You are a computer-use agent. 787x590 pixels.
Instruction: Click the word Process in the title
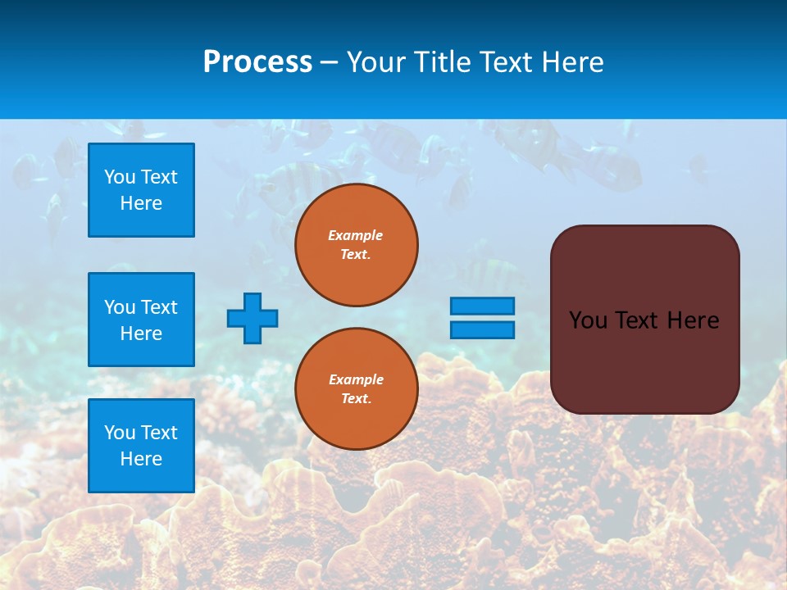tap(257, 62)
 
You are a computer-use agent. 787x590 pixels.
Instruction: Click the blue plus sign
tap(252, 318)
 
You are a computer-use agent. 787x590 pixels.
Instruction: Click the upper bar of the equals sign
tap(482, 306)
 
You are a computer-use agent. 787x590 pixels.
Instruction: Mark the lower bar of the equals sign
tap(482, 329)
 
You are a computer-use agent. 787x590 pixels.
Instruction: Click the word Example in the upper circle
tap(356, 235)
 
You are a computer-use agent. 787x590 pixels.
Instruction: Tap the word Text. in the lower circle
tap(356, 399)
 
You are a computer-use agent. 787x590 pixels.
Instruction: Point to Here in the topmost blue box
tap(141, 203)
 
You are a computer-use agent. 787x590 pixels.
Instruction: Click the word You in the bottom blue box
tap(120, 433)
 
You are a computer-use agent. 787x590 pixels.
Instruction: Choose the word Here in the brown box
tap(693, 320)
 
